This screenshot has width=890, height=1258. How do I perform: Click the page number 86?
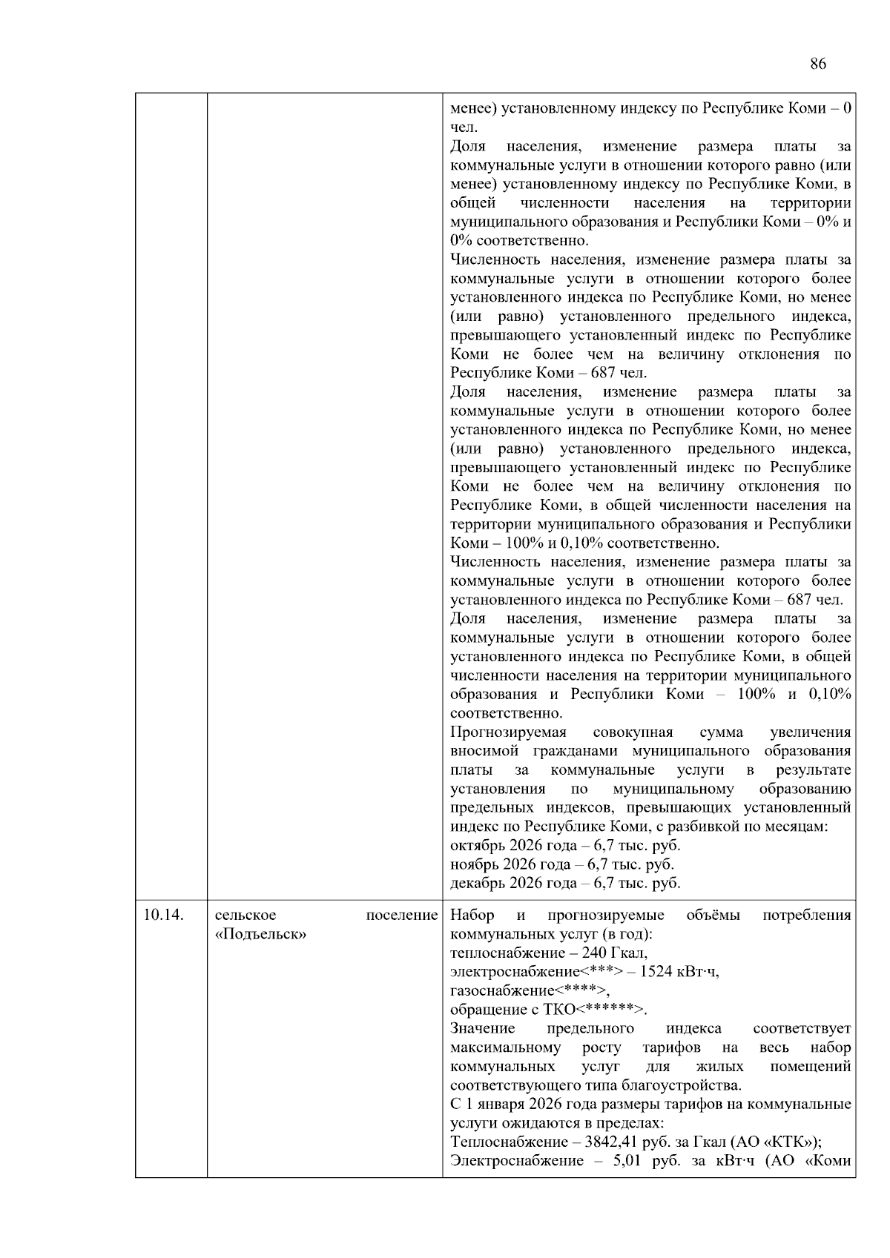coord(817,64)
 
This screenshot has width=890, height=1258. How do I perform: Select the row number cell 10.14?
coord(163,915)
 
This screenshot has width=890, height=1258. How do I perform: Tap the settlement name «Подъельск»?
coord(261,934)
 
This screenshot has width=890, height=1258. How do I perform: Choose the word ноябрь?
coord(475,864)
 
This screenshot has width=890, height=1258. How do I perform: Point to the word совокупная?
coord(633,732)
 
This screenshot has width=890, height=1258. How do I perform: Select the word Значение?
coord(482,1028)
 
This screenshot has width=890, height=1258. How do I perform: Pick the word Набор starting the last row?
coord(472,915)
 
